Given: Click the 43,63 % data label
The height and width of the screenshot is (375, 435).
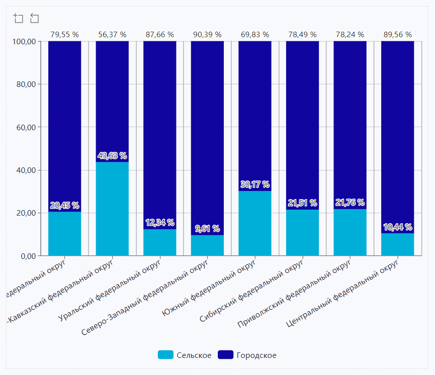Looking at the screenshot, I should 112,156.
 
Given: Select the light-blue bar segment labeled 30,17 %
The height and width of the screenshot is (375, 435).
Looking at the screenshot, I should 255,224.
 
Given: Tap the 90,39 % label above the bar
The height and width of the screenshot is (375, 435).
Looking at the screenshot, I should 207,35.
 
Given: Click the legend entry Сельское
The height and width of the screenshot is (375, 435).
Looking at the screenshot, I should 185,355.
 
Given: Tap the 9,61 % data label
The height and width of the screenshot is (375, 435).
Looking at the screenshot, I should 207,229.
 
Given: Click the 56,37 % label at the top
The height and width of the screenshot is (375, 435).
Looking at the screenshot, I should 112,35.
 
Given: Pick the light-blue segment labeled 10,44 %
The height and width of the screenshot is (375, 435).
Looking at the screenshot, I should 397,245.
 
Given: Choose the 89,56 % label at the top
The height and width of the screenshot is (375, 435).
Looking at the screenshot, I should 397,35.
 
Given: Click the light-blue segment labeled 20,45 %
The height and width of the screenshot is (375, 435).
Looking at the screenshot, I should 64,234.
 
